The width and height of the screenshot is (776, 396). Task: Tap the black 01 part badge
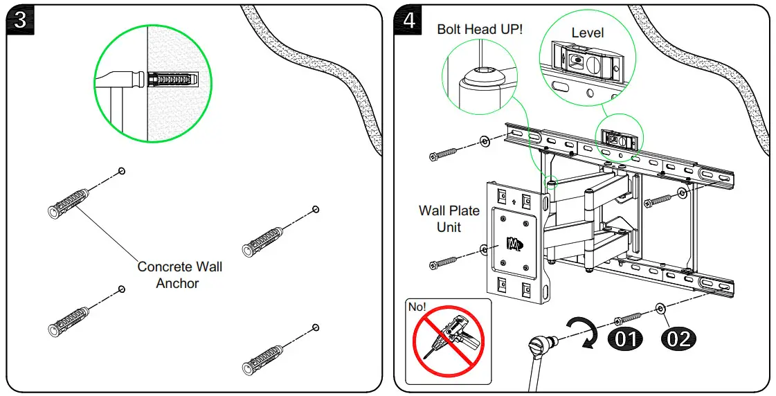tap(626, 339)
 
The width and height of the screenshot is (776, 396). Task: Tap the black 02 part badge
tap(678, 339)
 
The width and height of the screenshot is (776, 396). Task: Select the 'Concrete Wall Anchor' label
tap(179, 275)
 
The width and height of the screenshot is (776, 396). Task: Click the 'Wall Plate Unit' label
tap(449, 219)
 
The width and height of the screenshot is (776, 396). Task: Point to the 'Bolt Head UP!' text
tap(480, 29)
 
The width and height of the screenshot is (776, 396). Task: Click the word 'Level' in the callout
tap(588, 33)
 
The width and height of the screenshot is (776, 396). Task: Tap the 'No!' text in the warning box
tap(417, 307)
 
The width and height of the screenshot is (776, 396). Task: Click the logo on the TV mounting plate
tap(513, 244)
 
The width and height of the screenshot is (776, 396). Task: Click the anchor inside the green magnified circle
tap(173, 79)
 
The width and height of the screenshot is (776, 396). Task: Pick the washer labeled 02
tap(660, 309)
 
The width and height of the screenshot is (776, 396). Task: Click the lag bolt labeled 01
tap(628, 318)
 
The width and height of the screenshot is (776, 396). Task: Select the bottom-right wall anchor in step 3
tap(262, 361)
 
